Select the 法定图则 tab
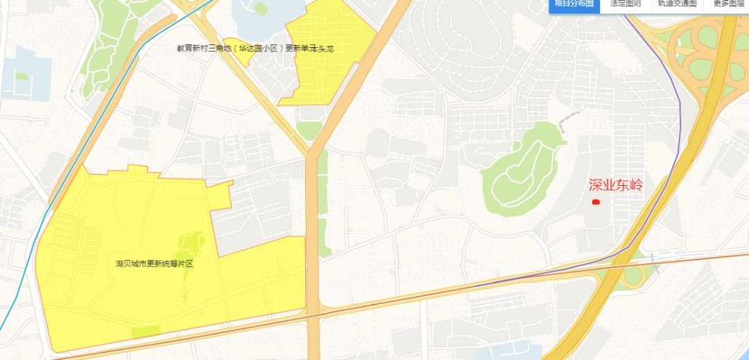click(625, 4)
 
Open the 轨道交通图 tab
click(677, 4)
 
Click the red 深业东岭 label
click(616, 185)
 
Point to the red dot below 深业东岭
click(595, 202)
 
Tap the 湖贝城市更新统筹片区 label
click(154, 264)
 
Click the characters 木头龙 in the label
click(321, 49)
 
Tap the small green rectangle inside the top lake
click(261, 8)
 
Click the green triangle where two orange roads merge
click(309, 130)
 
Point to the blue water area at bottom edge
click(513, 352)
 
